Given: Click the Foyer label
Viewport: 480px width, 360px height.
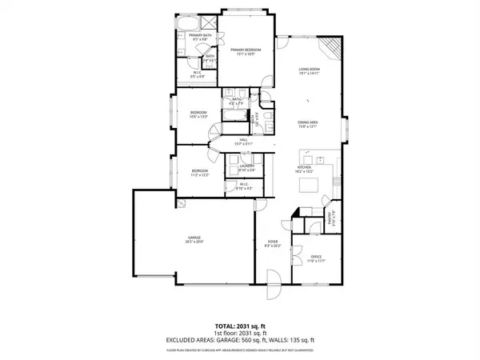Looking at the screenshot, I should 272,242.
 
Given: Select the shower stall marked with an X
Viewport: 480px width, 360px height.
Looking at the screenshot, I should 206,22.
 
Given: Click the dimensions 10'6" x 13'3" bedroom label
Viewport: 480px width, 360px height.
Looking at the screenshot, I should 198,115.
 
